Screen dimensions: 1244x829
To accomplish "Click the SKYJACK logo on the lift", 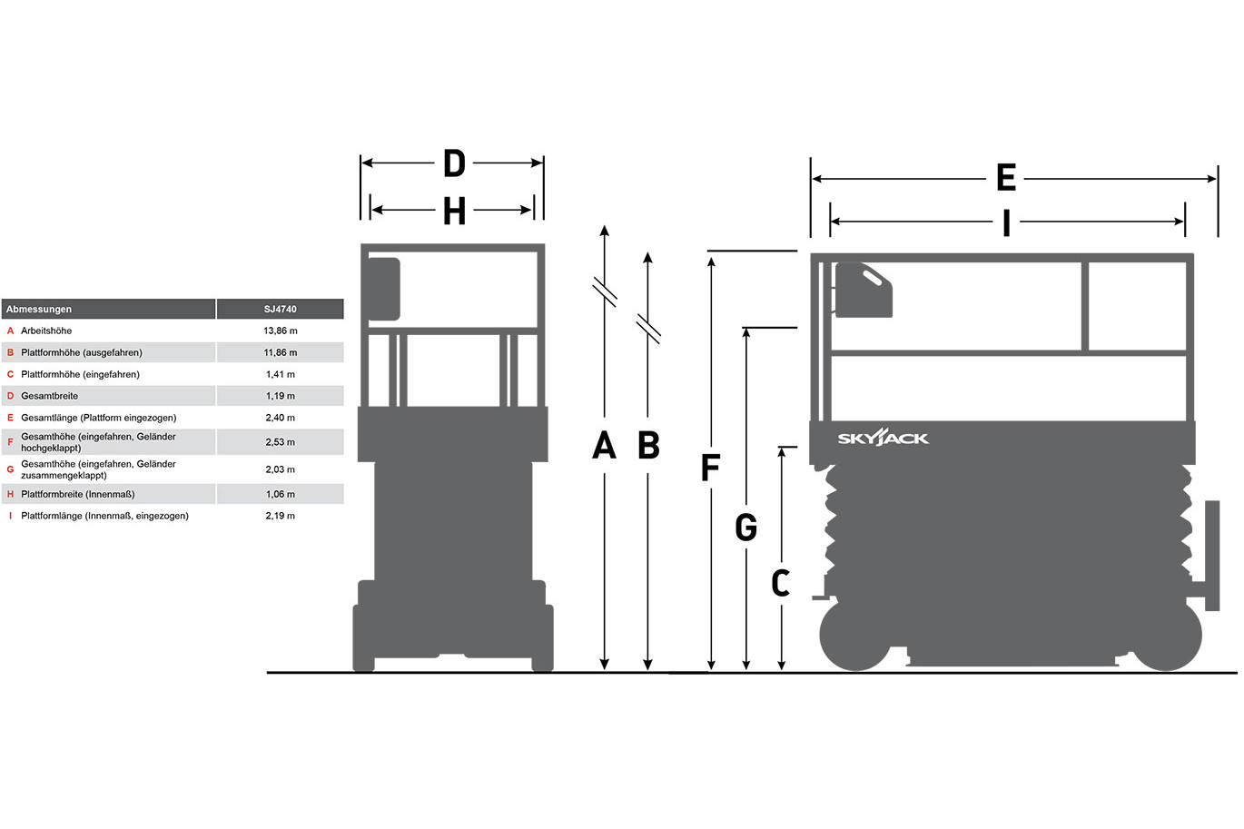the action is [x=883, y=438].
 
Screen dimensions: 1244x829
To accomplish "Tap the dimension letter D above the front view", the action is [x=454, y=163].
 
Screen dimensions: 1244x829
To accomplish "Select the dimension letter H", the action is [x=454, y=211].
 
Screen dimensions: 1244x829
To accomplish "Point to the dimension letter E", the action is [x=1006, y=178].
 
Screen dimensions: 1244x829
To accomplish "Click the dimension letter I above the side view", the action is [x=1006, y=223].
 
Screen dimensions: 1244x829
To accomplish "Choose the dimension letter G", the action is [x=745, y=527].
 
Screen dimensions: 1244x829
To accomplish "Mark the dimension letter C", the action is [x=780, y=583].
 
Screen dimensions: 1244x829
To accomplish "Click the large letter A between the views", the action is [x=604, y=445].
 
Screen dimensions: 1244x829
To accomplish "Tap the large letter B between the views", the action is [x=648, y=445].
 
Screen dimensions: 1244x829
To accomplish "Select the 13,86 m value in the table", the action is [x=281, y=331].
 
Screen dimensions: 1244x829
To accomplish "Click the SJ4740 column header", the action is [x=280, y=310].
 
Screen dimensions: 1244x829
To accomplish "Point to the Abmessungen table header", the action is [x=39, y=310].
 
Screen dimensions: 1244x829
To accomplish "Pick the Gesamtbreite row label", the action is [x=49, y=396].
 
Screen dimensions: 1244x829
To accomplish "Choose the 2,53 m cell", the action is [x=280, y=442].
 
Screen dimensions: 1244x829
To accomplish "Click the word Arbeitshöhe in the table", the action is [x=46, y=331].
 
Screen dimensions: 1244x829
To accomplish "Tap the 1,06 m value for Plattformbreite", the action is [x=280, y=494].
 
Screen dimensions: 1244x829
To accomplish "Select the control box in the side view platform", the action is [x=864, y=290].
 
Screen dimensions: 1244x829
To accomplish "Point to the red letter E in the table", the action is [x=10, y=418].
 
